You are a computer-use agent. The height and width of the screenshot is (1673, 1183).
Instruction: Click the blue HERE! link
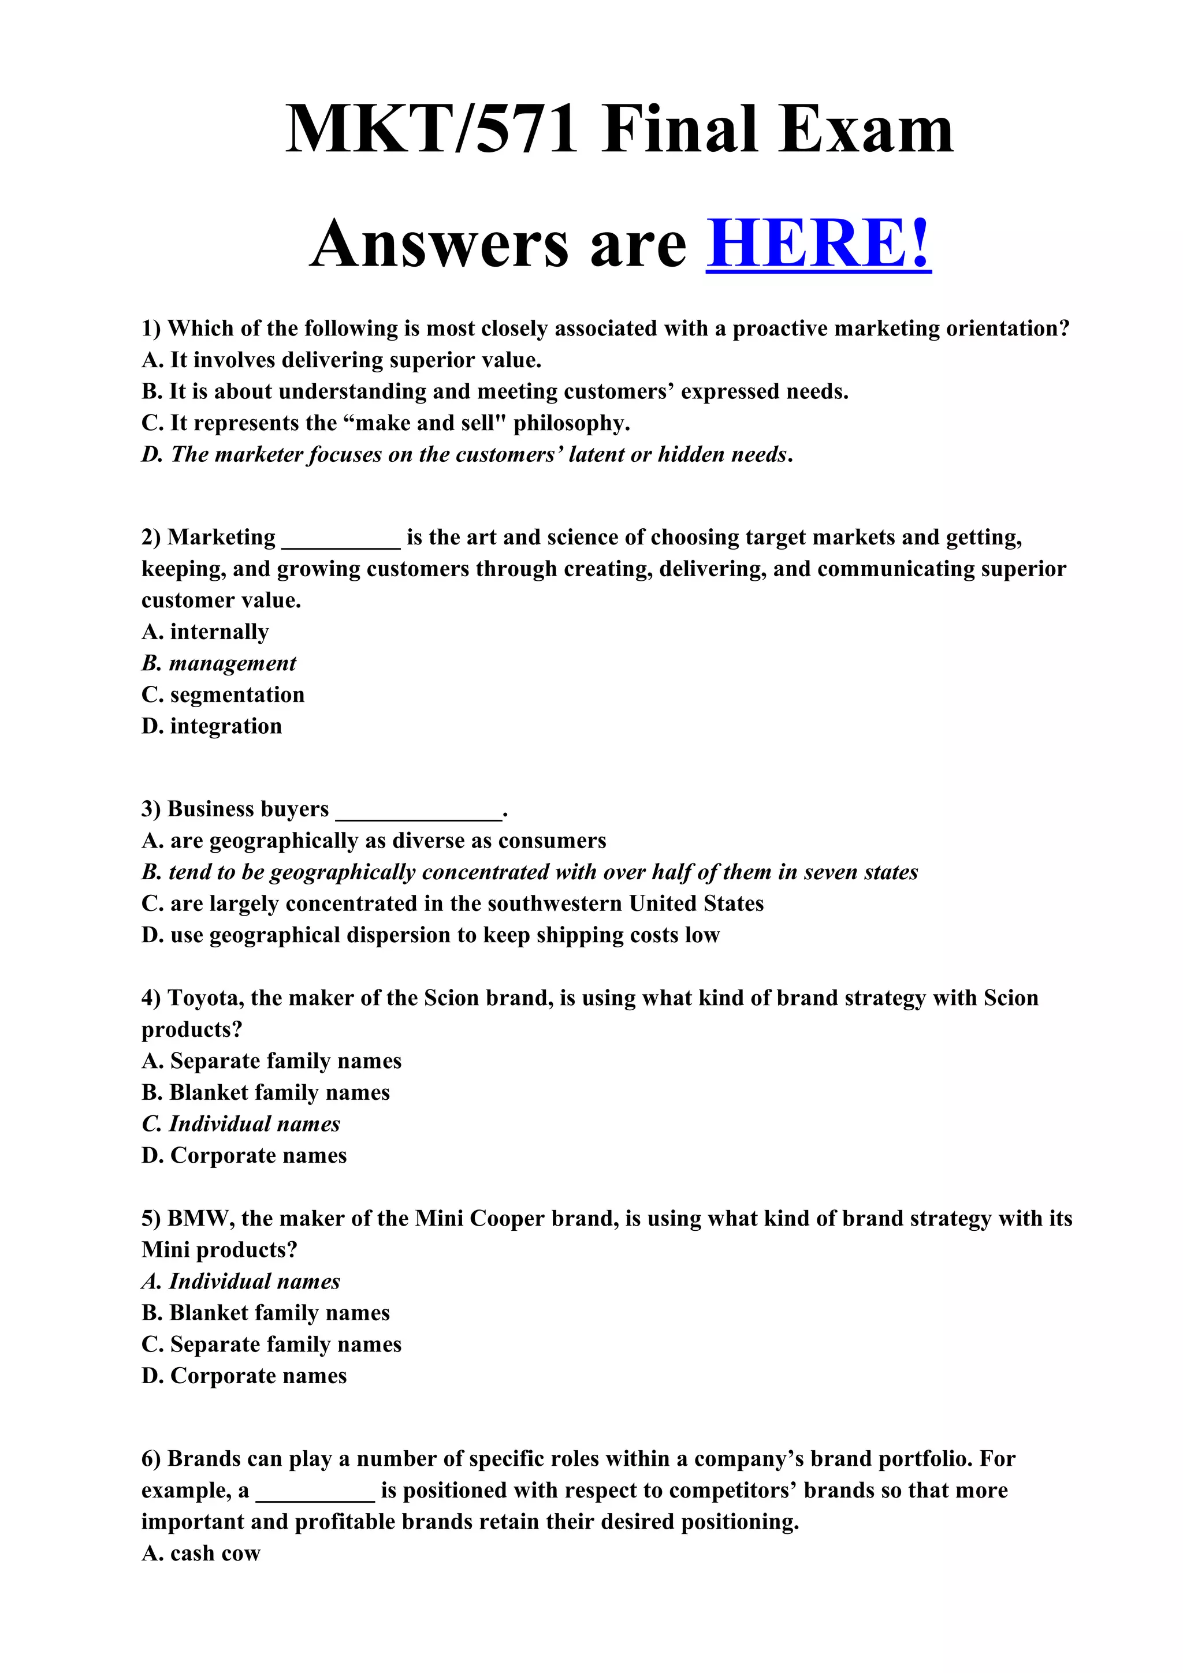[818, 244]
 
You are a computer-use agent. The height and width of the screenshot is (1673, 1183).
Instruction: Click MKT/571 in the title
[431, 130]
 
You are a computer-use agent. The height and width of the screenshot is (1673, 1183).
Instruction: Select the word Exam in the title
[866, 130]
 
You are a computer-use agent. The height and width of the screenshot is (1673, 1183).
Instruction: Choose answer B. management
[219, 663]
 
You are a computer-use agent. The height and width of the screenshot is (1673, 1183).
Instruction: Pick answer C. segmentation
[223, 694]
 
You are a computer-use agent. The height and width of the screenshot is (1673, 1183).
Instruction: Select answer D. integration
[211, 726]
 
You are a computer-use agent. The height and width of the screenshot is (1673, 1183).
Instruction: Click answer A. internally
[205, 632]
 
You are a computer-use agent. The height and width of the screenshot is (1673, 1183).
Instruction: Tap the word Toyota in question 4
[206, 998]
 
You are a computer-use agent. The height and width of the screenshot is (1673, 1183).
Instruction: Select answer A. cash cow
[200, 1553]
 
